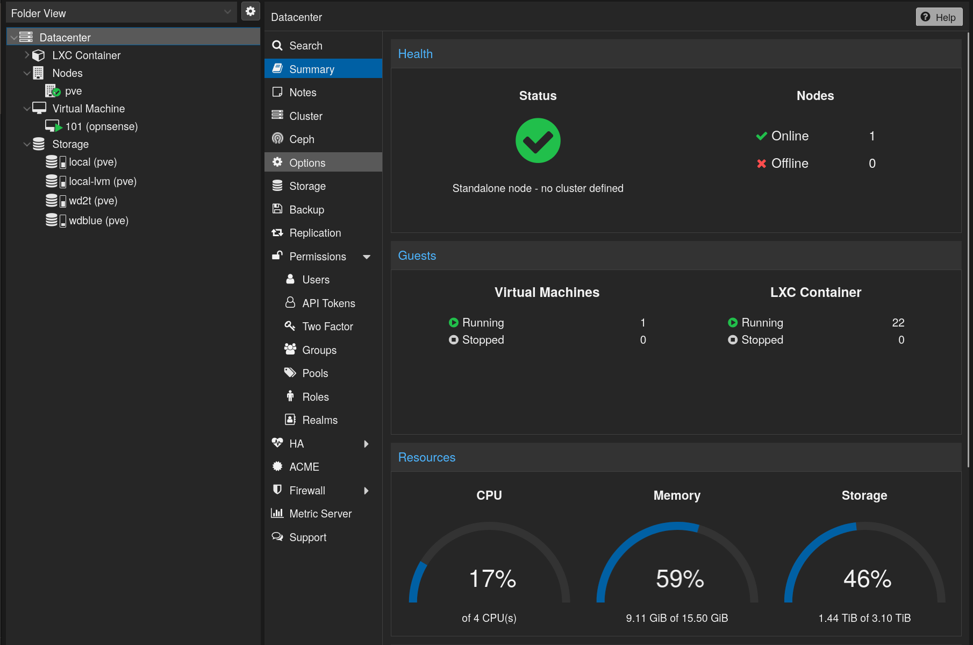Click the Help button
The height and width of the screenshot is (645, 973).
939,17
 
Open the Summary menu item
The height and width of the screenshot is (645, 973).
311,69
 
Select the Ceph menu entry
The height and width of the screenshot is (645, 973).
301,139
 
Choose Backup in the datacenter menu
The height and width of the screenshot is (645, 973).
306,210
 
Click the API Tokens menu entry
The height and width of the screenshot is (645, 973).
328,303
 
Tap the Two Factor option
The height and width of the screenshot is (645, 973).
327,327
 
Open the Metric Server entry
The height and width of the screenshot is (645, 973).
320,514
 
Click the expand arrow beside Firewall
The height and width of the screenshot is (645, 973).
366,491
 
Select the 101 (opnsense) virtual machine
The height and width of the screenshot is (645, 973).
101,126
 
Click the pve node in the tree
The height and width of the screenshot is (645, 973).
73,91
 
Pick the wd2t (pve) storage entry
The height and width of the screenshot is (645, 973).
92,201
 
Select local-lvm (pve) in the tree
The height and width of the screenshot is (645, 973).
102,181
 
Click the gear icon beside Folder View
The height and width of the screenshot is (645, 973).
251,11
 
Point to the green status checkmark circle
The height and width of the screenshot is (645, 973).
538,140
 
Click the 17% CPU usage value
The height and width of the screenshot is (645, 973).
492,579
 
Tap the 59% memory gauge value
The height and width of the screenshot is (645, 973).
679,579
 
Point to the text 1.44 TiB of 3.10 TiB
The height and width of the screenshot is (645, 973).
864,618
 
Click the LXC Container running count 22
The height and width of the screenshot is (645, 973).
898,323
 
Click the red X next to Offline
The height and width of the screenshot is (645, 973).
761,164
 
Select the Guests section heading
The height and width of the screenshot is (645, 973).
417,256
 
